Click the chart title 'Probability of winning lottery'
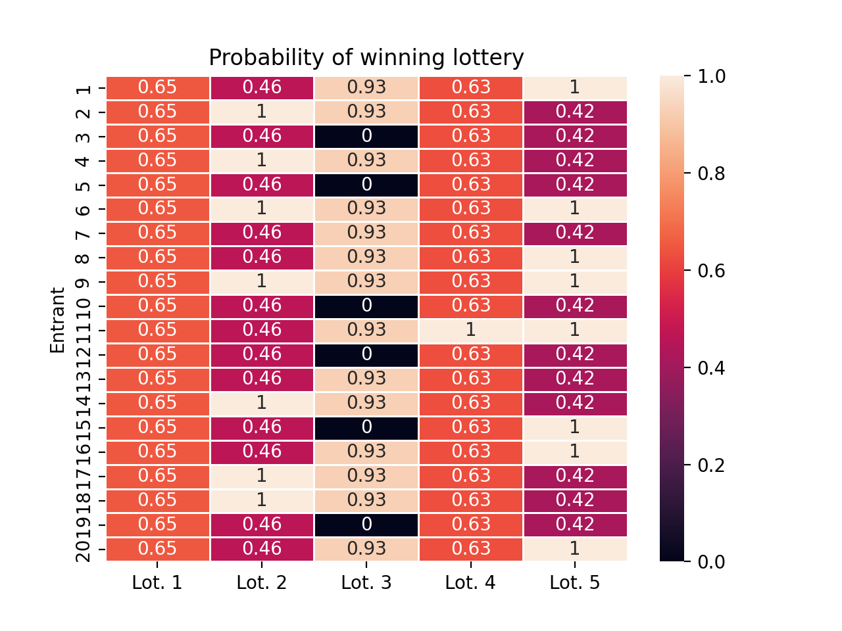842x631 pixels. [366, 58]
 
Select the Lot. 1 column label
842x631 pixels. [157, 582]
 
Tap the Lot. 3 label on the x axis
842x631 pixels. [366, 582]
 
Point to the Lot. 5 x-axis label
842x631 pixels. [574, 582]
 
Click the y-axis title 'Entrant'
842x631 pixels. [58, 320]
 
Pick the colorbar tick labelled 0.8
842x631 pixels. [711, 174]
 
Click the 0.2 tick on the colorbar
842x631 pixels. [711, 465]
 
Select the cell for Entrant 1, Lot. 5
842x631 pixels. [574, 87]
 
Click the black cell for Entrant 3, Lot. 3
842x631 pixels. [366, 136]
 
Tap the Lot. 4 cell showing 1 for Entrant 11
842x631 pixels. [470, 330]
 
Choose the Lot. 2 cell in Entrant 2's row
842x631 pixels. [261, 112]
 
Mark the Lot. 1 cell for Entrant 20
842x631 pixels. [157, 549]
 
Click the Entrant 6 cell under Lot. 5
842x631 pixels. [574, 209]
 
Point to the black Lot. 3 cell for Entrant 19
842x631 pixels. [366, 525]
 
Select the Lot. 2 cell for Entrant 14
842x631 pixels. [261, 403]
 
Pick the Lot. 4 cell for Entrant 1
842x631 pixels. [470, 87]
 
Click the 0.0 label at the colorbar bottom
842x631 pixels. [711, 562]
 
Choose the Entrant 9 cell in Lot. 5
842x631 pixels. [574, 281]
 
